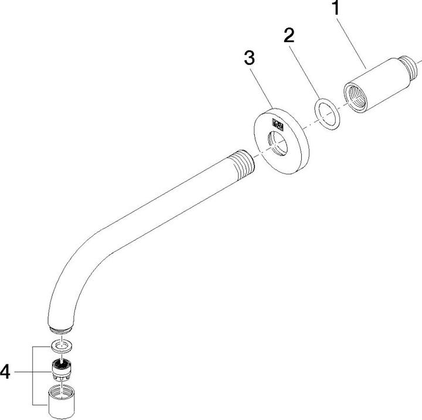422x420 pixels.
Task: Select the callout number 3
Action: coord(249,59)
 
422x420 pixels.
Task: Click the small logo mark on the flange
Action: coord(278,124)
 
